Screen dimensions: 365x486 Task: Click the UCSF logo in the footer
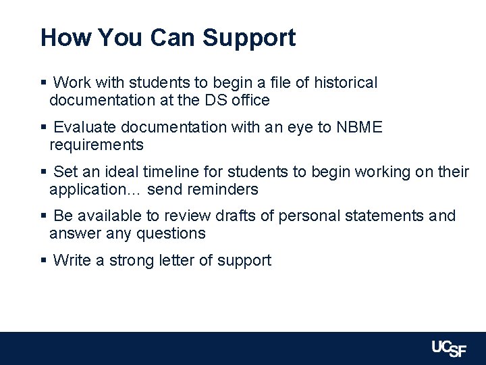pyautogui.click(x=449, y=349)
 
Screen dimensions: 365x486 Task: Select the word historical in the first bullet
pyautogui.click(x=346, y=82)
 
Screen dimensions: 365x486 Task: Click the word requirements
pyautogui.click(x=97, y=145)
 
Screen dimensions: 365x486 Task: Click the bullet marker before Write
pyautogui.click(x=43, y=260)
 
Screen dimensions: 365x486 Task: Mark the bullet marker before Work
pyautogui.click(x=43, y=83)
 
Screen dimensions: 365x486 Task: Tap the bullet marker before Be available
pyautogui.click(x=43, y=216)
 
